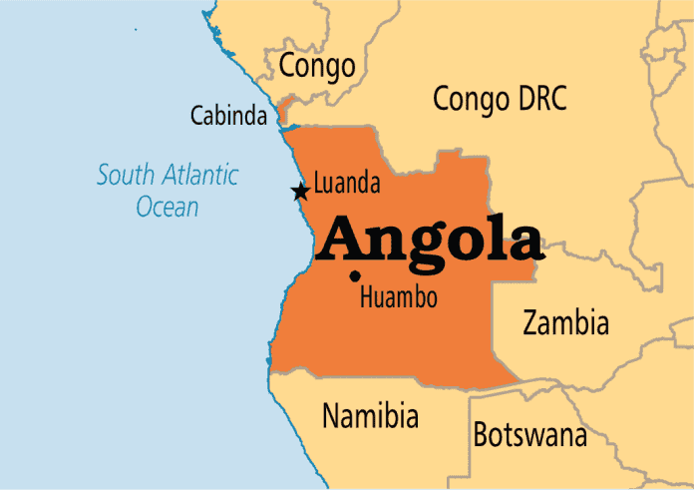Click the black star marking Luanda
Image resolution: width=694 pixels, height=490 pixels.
click(x=299, y=192)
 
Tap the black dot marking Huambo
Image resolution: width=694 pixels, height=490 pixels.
click(x=355, y=276)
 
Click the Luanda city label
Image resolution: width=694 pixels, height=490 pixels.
click(x=347, y=184)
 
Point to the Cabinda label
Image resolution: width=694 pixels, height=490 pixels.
click(x=228, y=117)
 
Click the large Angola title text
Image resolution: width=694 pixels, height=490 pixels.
click(x=433, y=239)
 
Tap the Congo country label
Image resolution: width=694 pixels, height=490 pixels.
click(x=317, y=66)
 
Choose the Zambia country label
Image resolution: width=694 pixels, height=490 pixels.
click(x=565, y=322)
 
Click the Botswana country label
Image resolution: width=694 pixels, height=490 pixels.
click(x=529, y=435)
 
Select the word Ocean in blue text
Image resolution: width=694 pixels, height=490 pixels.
click(x=168, y=208)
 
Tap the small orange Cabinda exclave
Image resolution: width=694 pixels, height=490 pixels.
click(x=283, y=111)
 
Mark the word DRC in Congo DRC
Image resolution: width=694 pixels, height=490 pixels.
click(x=540, y=99)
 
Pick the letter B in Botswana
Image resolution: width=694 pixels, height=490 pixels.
click(x=481, y=435)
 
